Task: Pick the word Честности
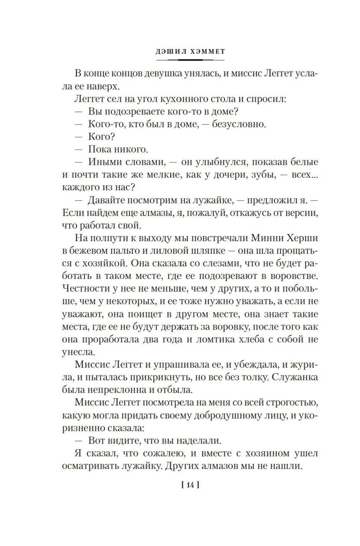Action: (85, 288)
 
